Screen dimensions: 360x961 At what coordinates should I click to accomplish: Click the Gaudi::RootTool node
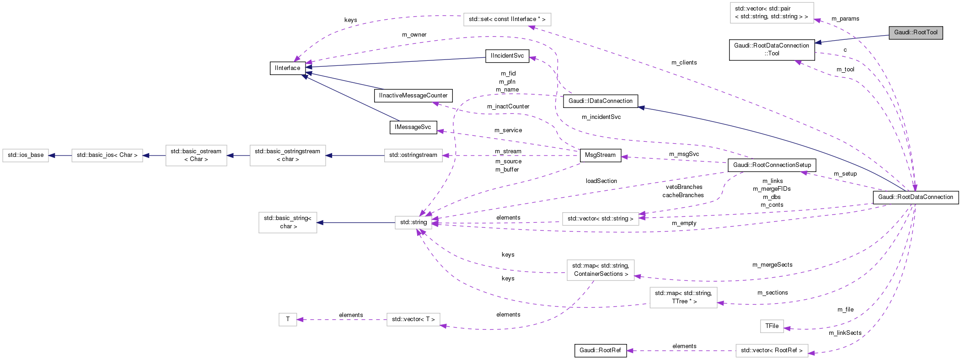click(x=915, y=32)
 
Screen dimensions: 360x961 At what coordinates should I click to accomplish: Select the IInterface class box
click(x=288, y=68)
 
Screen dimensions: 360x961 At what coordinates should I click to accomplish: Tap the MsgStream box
click(x=600, y=155)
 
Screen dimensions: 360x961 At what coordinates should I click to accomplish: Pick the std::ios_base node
click(x=26, y=155)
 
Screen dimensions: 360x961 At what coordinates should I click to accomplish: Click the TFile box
click(x=772, y=326)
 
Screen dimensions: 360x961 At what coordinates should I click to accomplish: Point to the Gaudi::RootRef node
click(x=600, y=350)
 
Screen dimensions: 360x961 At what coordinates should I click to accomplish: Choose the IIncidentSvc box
click(x=507, y=56)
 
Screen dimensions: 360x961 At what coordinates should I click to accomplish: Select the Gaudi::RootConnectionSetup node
click(x=772, y=165)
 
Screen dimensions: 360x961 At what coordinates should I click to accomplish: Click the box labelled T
click(x=288, y=319)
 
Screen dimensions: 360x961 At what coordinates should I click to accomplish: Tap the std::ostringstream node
click(x=413, y=155)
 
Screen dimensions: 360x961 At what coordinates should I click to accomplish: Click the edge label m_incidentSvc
click(x=601, y=117)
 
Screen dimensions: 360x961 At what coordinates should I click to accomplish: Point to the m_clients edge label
click(x=684, y=63)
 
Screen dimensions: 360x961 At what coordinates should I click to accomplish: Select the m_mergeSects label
click(x=772, y=265)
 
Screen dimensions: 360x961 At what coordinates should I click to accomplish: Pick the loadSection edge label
click(x=601, y=181)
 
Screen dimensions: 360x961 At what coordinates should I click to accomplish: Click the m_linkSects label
click(x=845, y=333)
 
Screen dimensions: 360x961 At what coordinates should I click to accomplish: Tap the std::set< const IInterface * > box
click(x=507, y=19)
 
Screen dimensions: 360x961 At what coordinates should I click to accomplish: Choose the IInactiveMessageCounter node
click(x=413, y=96)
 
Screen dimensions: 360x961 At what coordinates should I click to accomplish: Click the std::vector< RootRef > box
click(x=772, y=350)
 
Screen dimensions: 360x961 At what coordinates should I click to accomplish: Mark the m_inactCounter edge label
click(x=508, y=107)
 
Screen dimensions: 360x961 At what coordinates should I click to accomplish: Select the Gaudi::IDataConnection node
click(x=600, y=101)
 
